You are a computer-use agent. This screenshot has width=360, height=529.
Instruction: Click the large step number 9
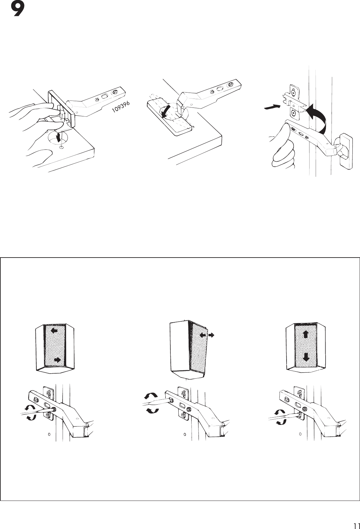(x=17, y=10)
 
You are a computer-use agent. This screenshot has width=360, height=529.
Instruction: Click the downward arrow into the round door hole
(x=59, y=137)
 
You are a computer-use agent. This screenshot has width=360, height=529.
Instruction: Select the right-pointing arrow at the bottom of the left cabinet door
(x=58, y=360)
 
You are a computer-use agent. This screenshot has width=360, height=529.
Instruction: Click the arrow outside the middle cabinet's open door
(x=211, y=335)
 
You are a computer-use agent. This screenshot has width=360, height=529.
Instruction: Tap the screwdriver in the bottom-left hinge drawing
(x=33, y=411)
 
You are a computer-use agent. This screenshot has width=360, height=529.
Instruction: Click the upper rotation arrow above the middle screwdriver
(x=152, y=395)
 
